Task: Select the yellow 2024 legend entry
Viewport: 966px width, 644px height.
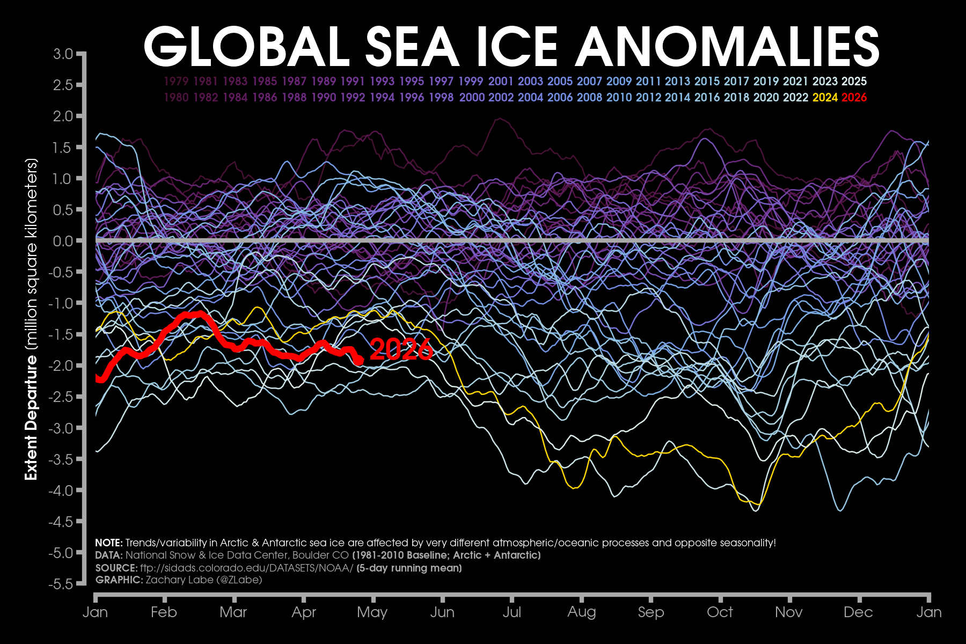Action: [x=825, y=98]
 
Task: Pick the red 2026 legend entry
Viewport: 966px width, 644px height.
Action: [x=854, y=98]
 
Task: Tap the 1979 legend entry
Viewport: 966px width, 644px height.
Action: [x=176, y=82]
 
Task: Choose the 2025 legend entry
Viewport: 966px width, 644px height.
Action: [x=854, y=82]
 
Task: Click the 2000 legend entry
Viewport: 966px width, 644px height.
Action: [x=472, y=98]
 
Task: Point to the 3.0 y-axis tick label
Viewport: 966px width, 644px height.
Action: [x=63, y=54]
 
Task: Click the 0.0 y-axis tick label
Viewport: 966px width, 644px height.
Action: [x=63, y=241]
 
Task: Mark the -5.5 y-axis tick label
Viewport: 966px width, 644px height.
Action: [x=61, y=584]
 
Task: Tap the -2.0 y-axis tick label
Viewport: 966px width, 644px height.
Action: [x=61, y=365]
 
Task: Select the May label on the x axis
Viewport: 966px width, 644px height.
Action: [x=372, y=612]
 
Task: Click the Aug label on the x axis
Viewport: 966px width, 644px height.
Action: [x=582, y=612]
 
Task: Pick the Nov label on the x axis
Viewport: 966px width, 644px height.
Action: [x=789, y=612]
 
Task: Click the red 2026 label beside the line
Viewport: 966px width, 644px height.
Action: [x=401, y=350]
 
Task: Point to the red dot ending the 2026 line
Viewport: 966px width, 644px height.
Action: [x=358, y=361]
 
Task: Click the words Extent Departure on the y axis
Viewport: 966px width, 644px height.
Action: [x=32, y=418]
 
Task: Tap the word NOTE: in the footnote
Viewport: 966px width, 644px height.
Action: [x=109, y=543]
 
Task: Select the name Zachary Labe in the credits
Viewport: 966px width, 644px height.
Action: [x=177, y=580]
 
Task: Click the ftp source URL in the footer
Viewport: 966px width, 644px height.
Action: [x=246, y=568]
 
